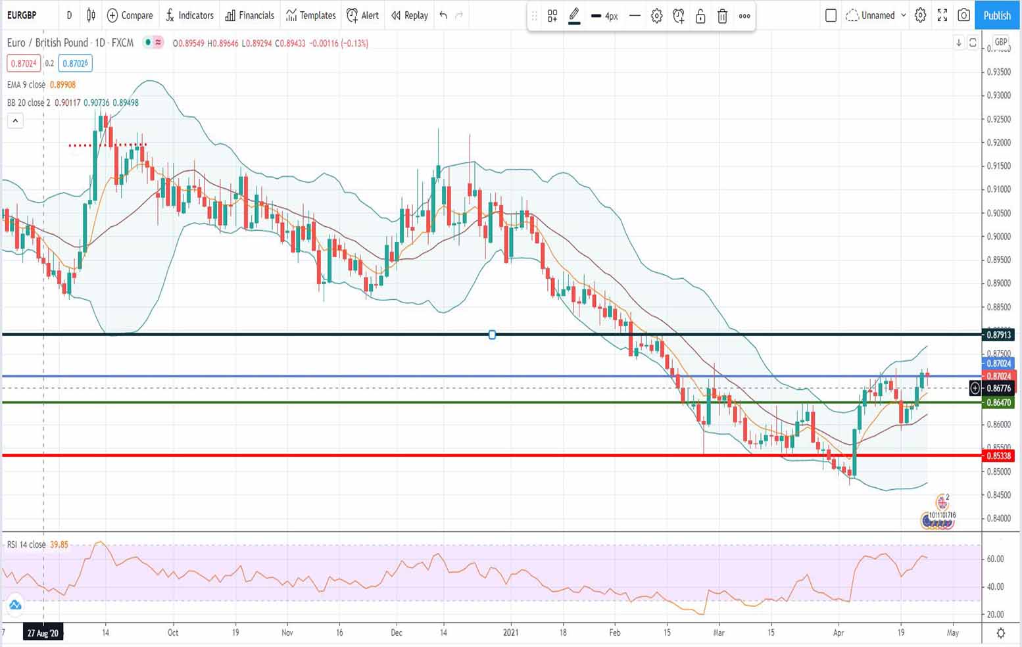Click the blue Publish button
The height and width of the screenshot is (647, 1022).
pyautogui.click(x=997, y=15)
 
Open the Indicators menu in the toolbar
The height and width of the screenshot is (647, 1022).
pyautogui.click(x=189, y=15)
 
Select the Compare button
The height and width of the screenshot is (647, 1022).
pyautogui.click(x=130, y=15)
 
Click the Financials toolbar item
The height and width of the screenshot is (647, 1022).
pyautogui.click(x=250, y=15)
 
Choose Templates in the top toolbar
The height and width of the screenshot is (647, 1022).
pyautogui.click(x=311, y=15)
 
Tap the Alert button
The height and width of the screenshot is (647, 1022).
pyautogui.click(x=363, y=15)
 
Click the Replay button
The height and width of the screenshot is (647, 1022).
pyautogui.click(x=409, y=15)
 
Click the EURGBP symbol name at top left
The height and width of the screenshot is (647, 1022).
pyautogui.click(x=22, y=15)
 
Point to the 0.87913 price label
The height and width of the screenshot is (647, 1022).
pyautogui.click(x=998, y=335)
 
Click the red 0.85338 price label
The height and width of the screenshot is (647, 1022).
pyautogui.click(x=998, y=456)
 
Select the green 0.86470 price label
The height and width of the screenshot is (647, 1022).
pyautogui.click(x=998, y=402)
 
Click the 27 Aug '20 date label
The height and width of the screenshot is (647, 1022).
pyautogui.click(x=43, y=633)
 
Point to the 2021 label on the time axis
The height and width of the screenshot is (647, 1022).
pyautogui.click(x=511, y=633)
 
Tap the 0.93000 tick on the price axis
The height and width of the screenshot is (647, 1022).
pyautogui.click(x=998, y=95)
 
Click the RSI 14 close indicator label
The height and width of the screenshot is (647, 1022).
pyautogui.click(x=26, y=544)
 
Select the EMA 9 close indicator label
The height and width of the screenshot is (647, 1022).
pyautogui.click(x=26, y=85)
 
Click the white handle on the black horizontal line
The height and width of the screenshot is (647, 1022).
pyautogui.click(x=492, y=335)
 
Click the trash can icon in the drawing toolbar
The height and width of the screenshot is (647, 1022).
pyautogui.click(x=722, y=16)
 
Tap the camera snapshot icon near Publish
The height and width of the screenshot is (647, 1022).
pyautogui.click(x=963, y=15)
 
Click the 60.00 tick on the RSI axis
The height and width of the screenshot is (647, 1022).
pyautogui.click(x=995, y=559)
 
